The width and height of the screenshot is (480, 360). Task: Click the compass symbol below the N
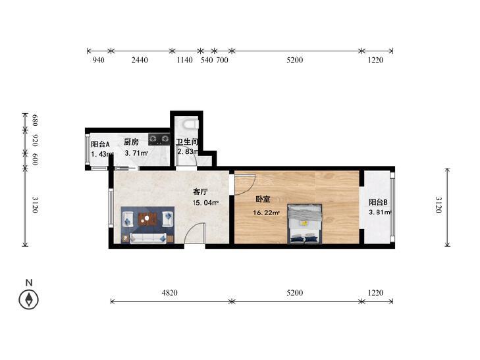coord(29,299)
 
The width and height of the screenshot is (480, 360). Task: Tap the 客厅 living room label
coord(201,192)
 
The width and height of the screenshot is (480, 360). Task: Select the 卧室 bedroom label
coord(263,199)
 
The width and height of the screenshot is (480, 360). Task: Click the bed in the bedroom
coord(305,224)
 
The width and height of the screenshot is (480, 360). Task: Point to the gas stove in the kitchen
coord(159,139)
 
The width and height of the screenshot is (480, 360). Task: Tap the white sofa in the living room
coord(148,238)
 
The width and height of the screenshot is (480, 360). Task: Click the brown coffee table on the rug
coord(147,219)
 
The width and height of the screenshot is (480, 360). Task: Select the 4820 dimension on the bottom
coord(170,293)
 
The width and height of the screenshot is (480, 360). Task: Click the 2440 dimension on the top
coord(140,60)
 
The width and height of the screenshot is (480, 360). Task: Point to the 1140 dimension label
coord(184,60)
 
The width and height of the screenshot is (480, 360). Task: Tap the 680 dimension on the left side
coord(35,120)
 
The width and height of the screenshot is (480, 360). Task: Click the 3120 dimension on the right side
coord(439,205)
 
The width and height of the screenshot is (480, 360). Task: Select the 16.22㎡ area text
coord(266,213)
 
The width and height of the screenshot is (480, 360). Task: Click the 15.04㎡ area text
coord(205,203)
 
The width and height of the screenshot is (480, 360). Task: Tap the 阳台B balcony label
coord(378,202)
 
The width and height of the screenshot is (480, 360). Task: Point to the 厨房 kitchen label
coord(131,142)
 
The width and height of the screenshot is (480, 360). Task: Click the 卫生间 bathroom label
coord(187,142)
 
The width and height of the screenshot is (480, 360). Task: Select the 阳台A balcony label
coord(100,144)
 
